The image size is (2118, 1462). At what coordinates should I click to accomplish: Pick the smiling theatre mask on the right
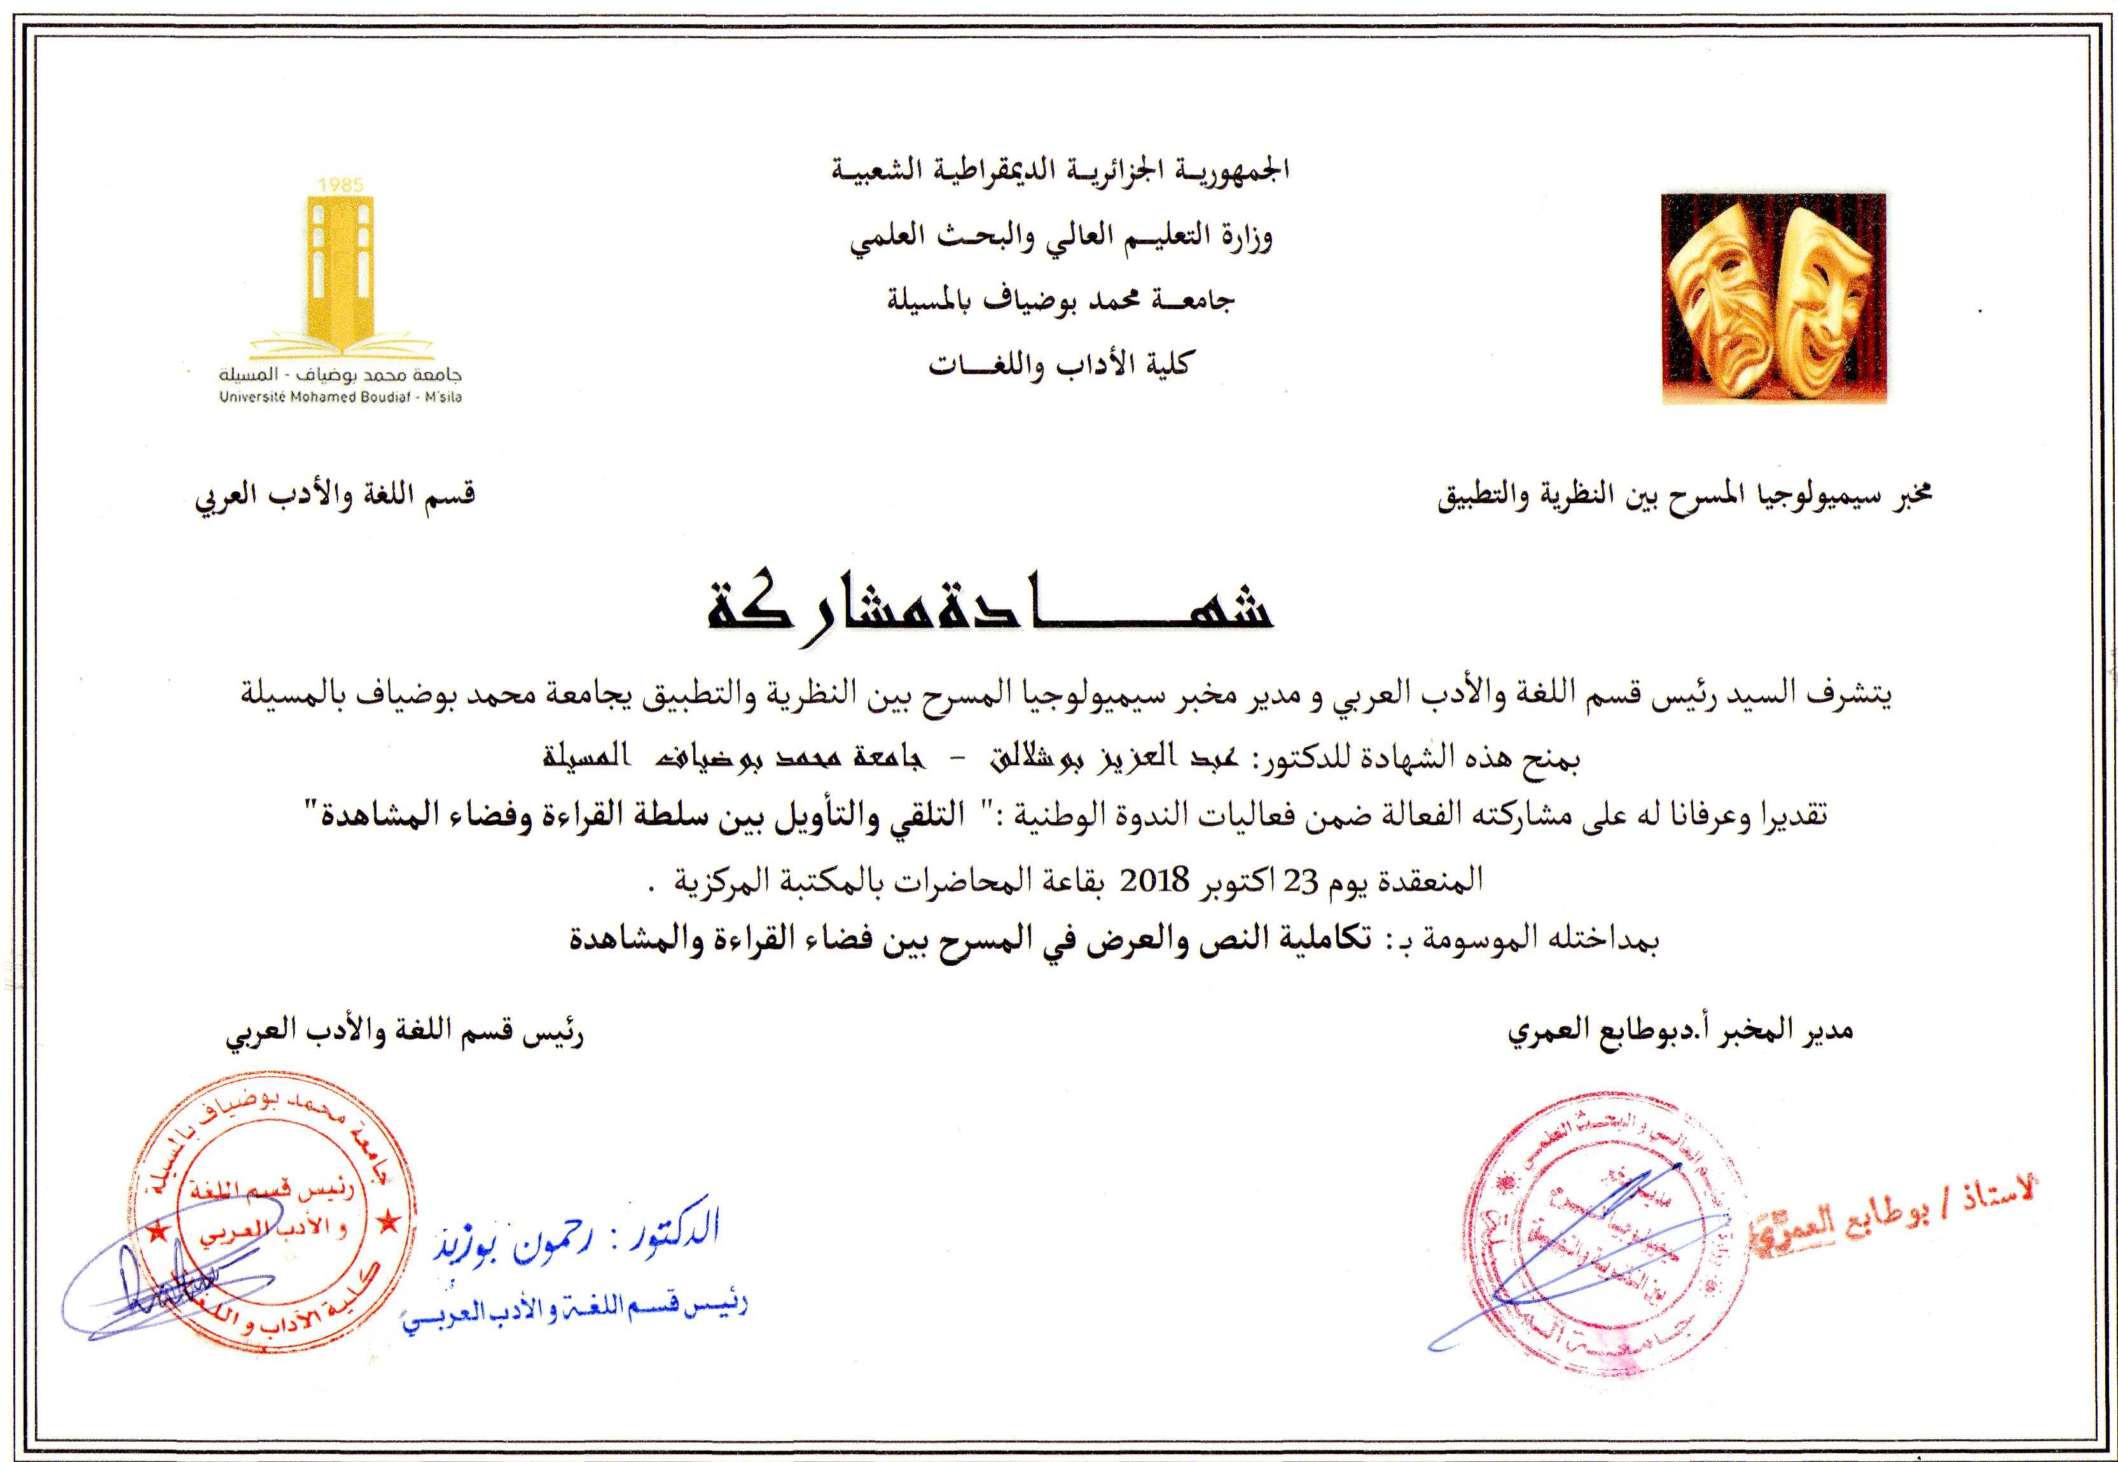tap(1813, 293)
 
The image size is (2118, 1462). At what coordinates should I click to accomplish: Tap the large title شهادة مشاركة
tap(989, 611)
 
